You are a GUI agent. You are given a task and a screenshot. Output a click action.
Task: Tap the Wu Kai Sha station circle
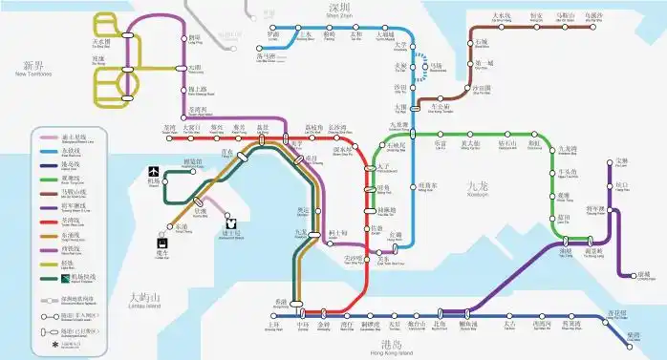595,24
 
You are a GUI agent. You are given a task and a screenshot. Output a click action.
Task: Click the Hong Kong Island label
391,349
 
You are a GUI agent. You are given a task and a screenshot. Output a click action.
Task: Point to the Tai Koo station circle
510,316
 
